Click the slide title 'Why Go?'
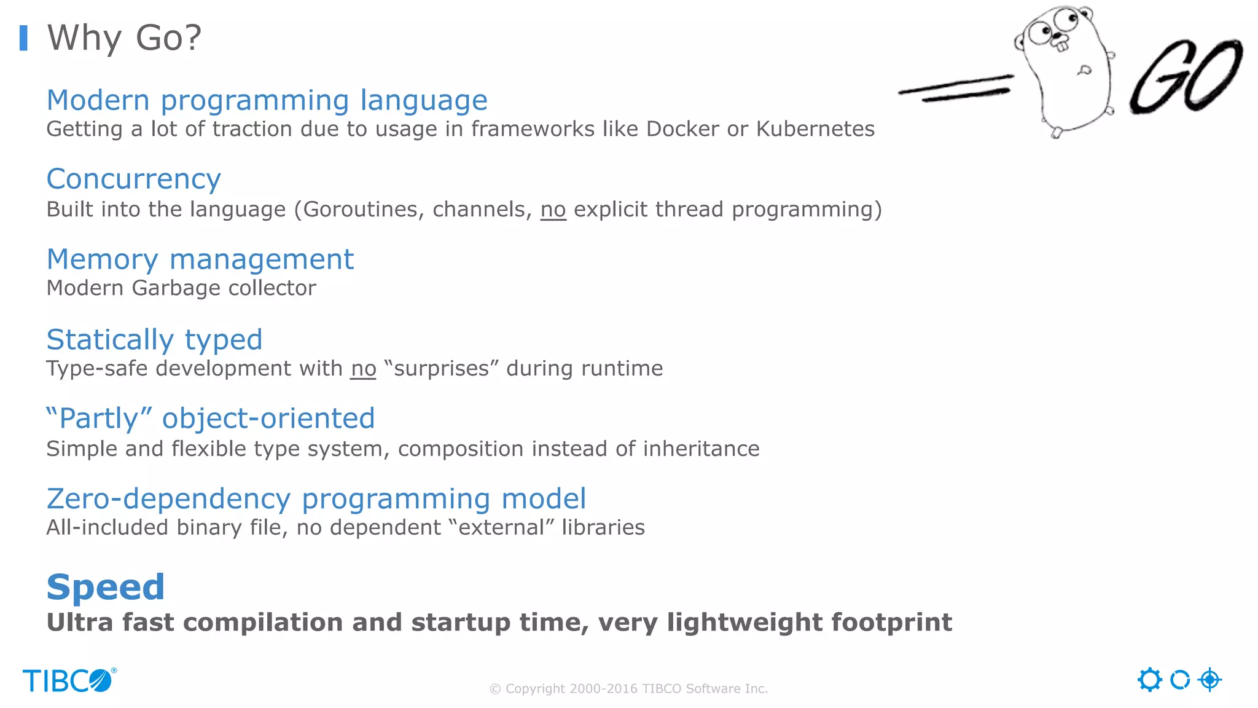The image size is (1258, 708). [124, 38]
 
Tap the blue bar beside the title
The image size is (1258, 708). [23, 38]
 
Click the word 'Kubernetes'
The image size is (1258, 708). [815, 129]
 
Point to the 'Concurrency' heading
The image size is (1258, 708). [133, 179]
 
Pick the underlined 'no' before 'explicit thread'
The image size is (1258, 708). [553, 210]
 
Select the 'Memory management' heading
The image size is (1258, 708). [200, 259]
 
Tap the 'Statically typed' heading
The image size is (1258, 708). [154, 340]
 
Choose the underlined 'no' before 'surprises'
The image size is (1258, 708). [363, 369]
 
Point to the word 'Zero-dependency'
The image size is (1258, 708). [168, 499]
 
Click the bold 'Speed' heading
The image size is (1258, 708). [106, 587]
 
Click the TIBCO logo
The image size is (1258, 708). [69, 680]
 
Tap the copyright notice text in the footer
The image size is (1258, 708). [628, 689]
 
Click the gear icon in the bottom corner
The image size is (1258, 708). [1149, 680]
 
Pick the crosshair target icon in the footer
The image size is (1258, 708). [1209, 680]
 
